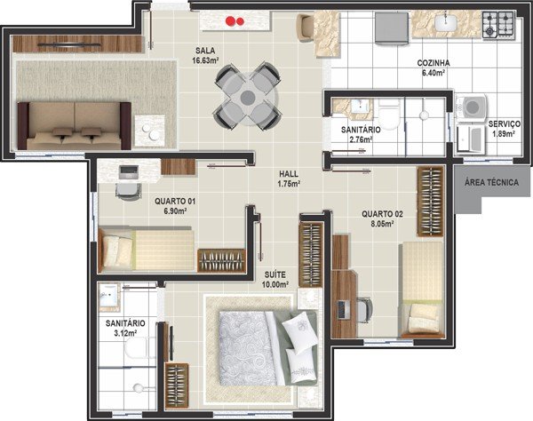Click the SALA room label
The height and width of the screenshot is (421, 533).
tap(205, 51)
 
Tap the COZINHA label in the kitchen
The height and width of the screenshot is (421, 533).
tap(434, 63)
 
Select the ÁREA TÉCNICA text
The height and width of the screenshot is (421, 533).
tap(491, 182)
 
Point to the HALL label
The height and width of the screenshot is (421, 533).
tap(289, 174)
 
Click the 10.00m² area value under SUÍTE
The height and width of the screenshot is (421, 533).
tap(275, 284)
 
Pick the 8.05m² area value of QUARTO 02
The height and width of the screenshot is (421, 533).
tap(382, 224)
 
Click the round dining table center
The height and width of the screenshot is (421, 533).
tap(248, 98)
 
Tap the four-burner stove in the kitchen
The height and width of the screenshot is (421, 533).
tap(498, 24)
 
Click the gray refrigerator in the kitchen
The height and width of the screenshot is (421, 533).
tap(392, 28)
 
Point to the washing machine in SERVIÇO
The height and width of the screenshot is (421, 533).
tap(472, 107)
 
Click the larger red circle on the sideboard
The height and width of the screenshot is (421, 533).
tap(232, 21)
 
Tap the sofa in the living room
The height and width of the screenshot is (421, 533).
tap(75, 126)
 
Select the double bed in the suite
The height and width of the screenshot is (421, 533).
tap(268, 348)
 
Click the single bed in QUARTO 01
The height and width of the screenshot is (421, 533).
tap(147, 250)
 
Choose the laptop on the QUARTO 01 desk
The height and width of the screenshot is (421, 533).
tap(128, 172)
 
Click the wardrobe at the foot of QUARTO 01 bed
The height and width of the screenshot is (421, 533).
tap(221, 260)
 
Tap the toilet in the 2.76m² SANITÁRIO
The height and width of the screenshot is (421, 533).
tap(388, 115)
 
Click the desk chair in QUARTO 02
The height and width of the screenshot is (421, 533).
tap(364, 310)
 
